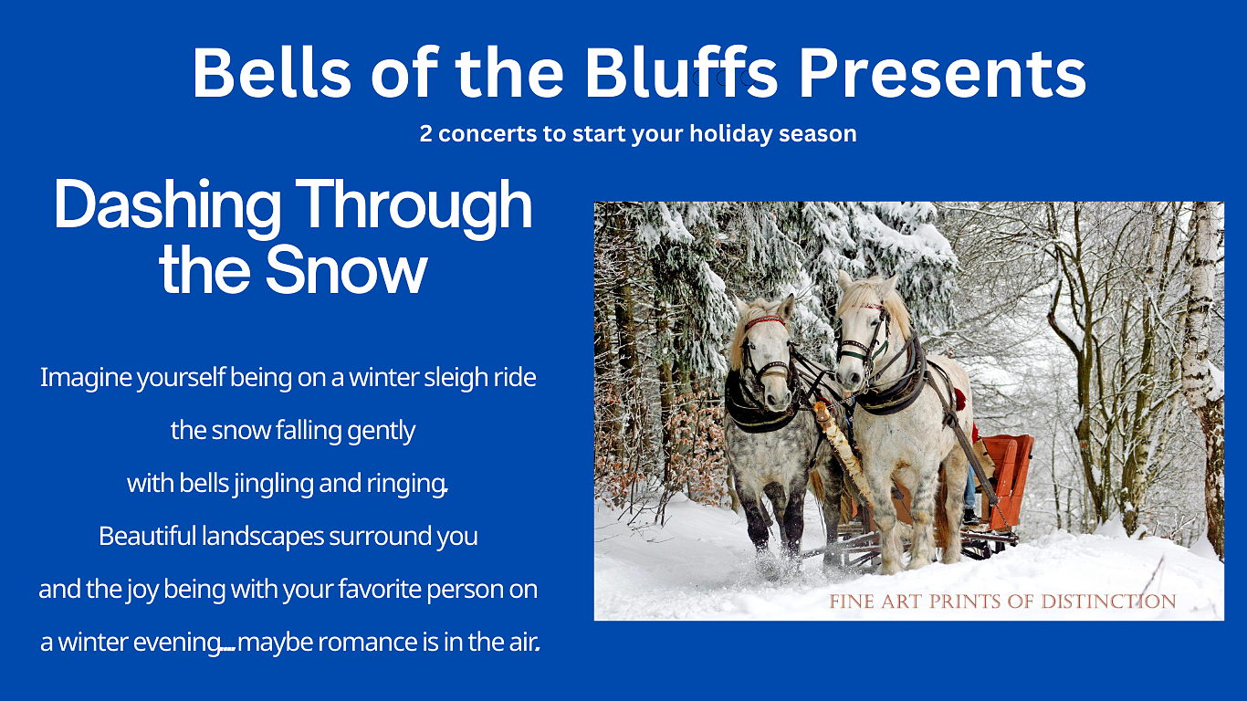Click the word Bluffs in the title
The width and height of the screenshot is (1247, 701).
680,72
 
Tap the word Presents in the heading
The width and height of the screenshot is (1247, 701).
942,74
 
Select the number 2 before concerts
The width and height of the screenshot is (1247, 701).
425,133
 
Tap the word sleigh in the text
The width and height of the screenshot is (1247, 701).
456,378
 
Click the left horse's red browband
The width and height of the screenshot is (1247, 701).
765,322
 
